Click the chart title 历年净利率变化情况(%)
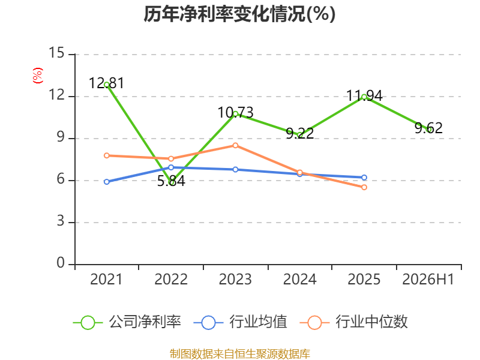(239, 14)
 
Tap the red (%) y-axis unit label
(38, 76)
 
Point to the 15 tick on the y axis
(56, 53)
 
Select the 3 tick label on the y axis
(61, 221)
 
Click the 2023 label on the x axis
(235, 279)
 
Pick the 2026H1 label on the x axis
(428, 279)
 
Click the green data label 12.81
(107, 83)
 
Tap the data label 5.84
(171, 181)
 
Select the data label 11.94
(364, 96)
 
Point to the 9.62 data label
(428, 128)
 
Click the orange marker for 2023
(235, 145)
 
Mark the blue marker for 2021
(107, 182)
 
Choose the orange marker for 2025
(364, 187)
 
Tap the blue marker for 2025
(364, 178)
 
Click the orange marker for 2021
(107, 155)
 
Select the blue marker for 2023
(235, 170)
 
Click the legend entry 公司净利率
(127, 322)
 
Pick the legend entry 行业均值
(241, 322)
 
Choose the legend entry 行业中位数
(353, 322)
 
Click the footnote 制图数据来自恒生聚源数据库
(240, 354)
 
